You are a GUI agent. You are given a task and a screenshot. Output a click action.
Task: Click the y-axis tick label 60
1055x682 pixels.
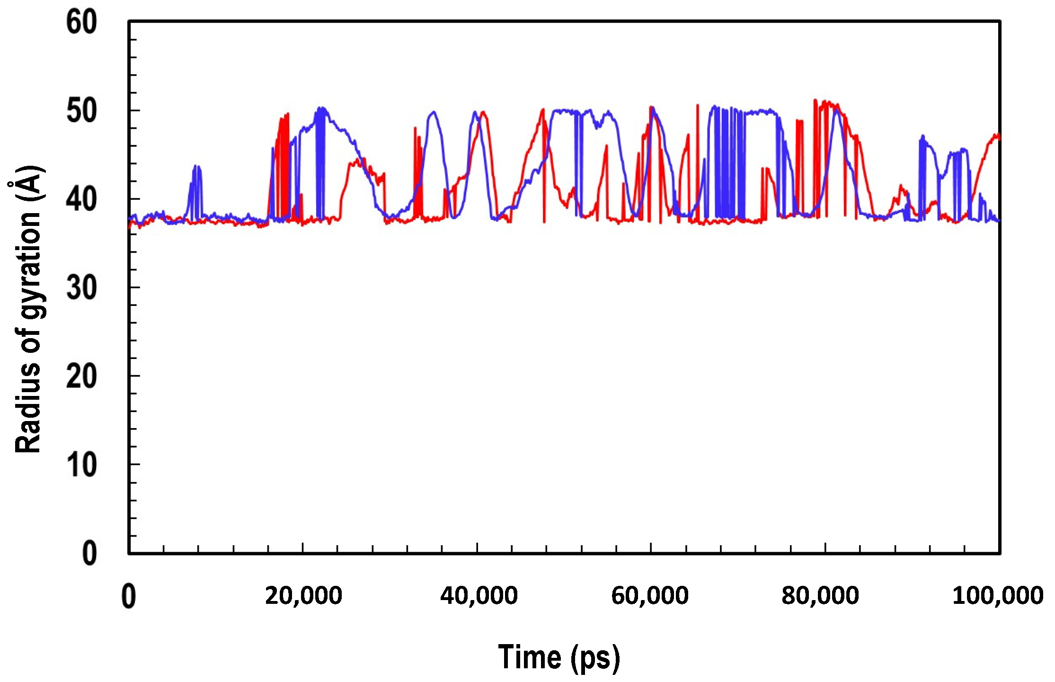[x=81, y=22]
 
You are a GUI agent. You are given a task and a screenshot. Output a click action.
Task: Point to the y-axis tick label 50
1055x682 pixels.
[x=81, y=111]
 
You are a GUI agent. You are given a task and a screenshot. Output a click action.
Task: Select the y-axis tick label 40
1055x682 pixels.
[x=81, y=199]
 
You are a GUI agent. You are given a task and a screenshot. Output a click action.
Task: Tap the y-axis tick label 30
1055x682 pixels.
[x=81, y=288]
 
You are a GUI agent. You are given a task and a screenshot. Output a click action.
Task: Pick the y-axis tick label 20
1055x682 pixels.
[x=81, y=377]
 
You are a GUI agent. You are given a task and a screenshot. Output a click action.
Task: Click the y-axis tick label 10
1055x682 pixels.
[x=81, y=465]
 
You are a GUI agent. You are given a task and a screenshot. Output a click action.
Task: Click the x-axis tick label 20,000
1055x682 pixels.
[x=303, y=595]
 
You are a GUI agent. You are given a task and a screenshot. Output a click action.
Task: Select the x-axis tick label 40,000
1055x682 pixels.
[x=479, y=595]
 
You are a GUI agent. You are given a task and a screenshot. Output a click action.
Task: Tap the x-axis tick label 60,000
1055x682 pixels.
[x=649, y=595]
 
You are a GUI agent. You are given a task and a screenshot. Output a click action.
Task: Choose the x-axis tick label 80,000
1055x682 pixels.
[x=820, y=595]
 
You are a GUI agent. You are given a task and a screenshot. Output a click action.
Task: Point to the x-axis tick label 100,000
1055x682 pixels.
[x=998, y=595]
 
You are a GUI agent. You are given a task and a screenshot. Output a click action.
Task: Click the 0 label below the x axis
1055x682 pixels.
[x=128, y=596]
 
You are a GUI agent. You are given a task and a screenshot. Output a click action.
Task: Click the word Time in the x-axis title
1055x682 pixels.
[x=529, y=656]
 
